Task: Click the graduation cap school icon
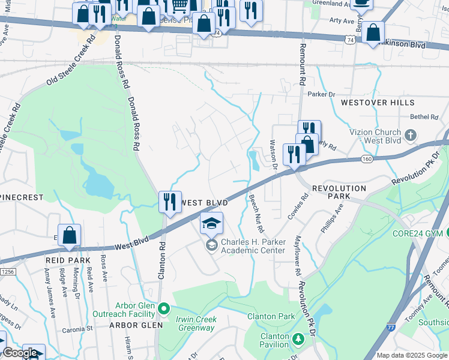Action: click(x=211, y=223)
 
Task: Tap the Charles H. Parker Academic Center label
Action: click(x=253, y=246)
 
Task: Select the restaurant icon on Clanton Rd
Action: click(x=170, y=202)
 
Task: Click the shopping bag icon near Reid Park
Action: click(x=69, y=236)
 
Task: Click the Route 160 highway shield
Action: click(x=366, y=158)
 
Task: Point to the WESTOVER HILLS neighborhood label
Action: click(x=370, y=103)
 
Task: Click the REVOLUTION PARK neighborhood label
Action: click(x=339, y=193)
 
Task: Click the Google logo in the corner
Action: click(x=19, y=353)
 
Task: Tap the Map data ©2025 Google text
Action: click(x=412, y=355)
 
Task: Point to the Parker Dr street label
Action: click(x=321, y=94)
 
